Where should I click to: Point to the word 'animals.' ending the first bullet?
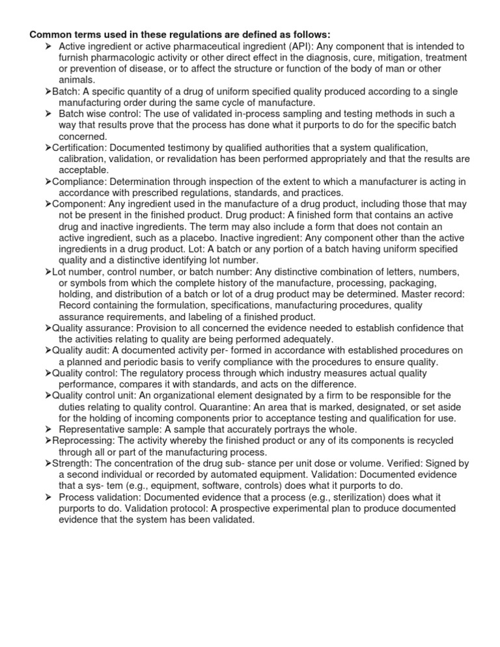point(76,80)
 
